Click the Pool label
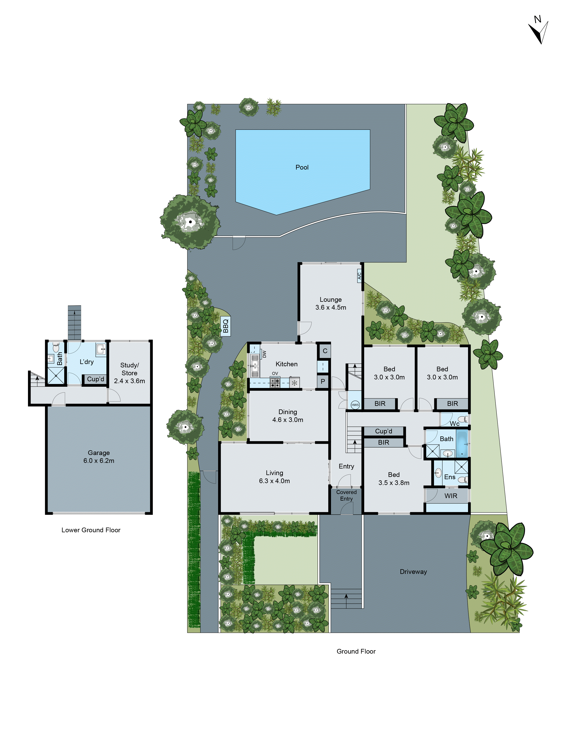click(x=302, y=167)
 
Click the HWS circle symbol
click(x=355, y=405)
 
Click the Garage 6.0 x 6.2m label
click(x=99, y=456)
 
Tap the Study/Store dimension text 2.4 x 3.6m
click(x=129, y=381)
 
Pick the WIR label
click(x=451, y=496)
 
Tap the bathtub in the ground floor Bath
click(x=462, y=444)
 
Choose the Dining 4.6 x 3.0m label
click(x=288, y=416)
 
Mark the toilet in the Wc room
click(x=462, y=419)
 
